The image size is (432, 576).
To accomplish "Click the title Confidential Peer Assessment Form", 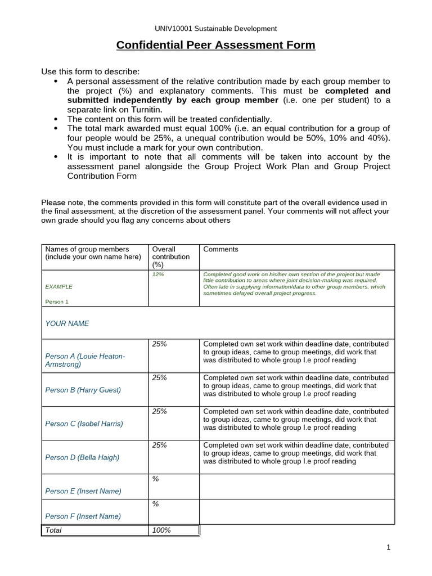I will (215, 45).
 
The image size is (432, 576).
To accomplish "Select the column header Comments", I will (220, 249).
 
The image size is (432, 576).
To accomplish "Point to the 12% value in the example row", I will (158, 274).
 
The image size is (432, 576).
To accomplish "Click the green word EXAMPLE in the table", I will (58, 286).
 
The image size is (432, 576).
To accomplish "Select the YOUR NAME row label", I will (67, 323).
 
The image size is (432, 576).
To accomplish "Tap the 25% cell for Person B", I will (159, 377).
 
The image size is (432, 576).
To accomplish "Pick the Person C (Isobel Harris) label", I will (84, 424).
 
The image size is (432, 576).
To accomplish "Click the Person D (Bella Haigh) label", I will (82, 457).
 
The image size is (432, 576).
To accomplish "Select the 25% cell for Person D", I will (159, 445).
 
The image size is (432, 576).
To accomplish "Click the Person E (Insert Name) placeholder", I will (83, 491).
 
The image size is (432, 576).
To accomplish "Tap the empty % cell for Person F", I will (155, 504).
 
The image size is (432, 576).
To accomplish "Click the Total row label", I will (53, 530).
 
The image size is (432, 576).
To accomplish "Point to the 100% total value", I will (161, 530).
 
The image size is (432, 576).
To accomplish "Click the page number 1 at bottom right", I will (389, 547).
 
